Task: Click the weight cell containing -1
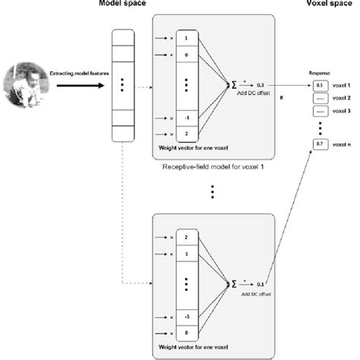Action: coord(188,116)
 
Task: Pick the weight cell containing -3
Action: coord(188,311)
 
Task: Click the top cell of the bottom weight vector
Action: coord(188,237)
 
